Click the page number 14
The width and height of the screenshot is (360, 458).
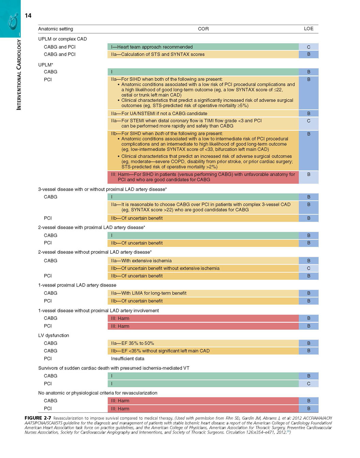28,16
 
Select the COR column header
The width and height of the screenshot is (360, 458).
203,29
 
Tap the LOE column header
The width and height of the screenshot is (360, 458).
309,29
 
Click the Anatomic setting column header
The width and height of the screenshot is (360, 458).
56,29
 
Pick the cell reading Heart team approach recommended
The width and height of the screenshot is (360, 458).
203,47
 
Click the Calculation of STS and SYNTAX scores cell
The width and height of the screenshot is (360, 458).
203,54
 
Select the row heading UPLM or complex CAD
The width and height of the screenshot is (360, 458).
62,39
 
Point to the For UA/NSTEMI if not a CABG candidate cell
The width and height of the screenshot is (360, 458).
203,113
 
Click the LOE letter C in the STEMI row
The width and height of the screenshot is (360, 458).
309,121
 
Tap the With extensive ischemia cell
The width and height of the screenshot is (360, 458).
203,261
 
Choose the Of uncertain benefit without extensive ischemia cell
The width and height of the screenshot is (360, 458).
203,268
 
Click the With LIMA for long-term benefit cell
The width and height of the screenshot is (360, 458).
203,293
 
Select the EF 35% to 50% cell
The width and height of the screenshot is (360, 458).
203,343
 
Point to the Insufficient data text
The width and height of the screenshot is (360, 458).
128,359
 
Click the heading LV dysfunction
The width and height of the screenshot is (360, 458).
53,336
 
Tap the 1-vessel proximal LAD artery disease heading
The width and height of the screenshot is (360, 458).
77,285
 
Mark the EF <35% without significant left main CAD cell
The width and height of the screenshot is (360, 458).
203,351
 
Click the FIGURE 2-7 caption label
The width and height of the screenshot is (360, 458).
38,418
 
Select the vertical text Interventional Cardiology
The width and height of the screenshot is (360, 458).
19,75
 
